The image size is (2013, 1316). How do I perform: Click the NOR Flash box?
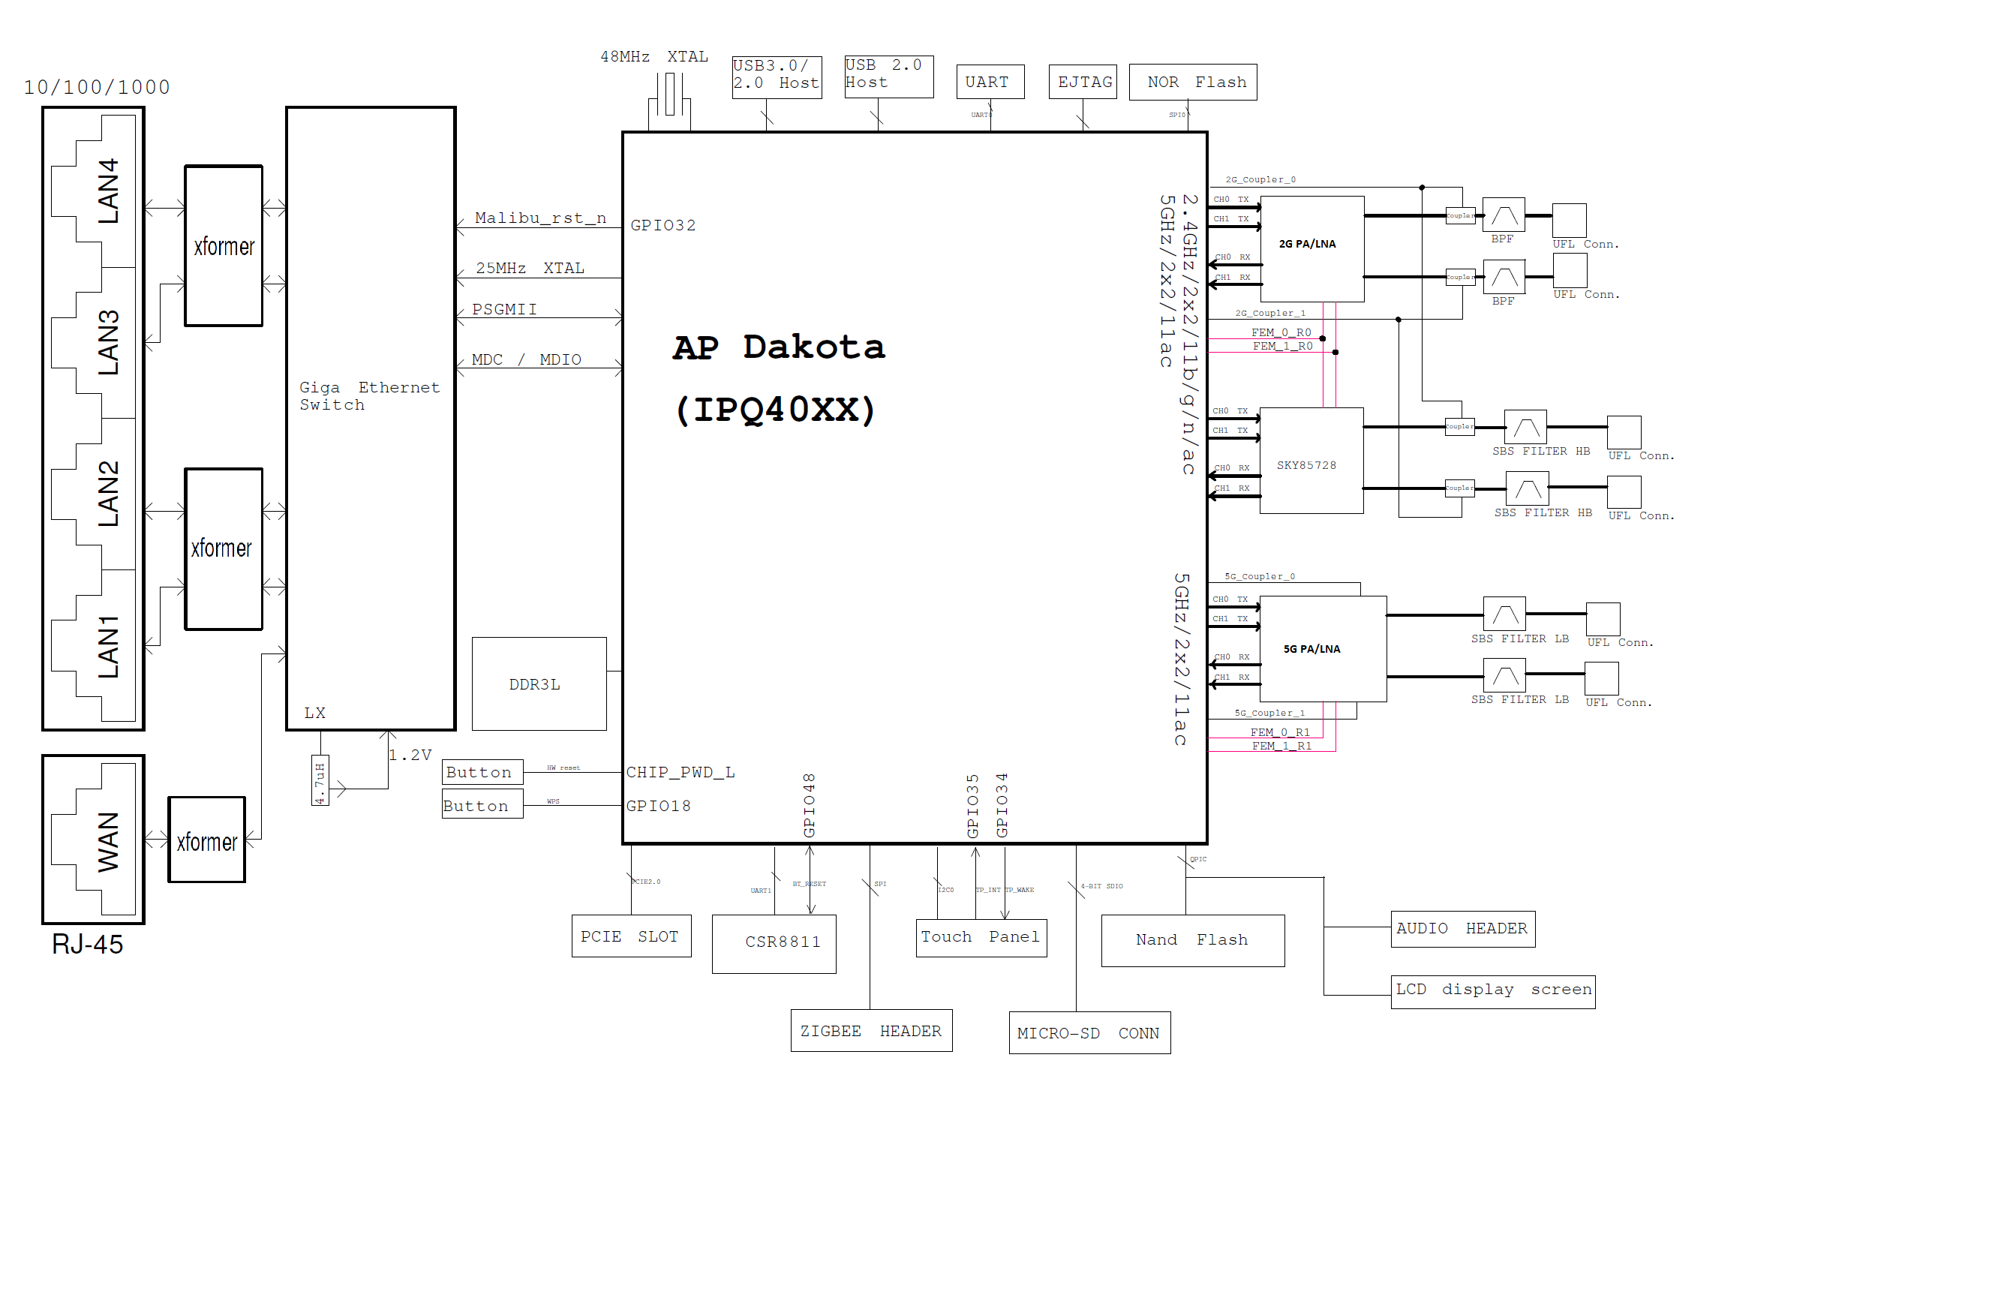click(1193, 82)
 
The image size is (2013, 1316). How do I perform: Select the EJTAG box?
click(1083, 82)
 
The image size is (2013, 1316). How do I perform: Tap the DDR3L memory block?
click(539, 684)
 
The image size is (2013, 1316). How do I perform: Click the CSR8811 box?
click(774, 943)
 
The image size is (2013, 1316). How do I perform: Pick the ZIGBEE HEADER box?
click(871, 1030)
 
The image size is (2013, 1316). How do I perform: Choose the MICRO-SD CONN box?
click(1089, 1032)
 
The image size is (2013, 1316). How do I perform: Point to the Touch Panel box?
click(981, 937)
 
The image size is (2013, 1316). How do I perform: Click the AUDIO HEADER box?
click(1462, 929)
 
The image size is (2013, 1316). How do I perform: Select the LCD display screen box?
click(1493, 990)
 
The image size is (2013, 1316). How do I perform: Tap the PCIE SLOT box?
click(631, 936)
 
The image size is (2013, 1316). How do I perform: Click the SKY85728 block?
click(1311, 461)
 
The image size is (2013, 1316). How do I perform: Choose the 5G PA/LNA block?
click(1323, 649)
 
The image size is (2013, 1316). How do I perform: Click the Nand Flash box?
click(1193, 939)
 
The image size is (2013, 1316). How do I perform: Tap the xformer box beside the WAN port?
click(206, 840)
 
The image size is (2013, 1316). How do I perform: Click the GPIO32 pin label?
click(663, 225)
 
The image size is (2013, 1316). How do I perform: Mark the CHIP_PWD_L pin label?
click(680, 772)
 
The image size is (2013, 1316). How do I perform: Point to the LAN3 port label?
click(108, 343)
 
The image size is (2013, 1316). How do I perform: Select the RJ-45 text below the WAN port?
click(87, 944)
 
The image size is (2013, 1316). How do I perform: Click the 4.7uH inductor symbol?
click(320, 780)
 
